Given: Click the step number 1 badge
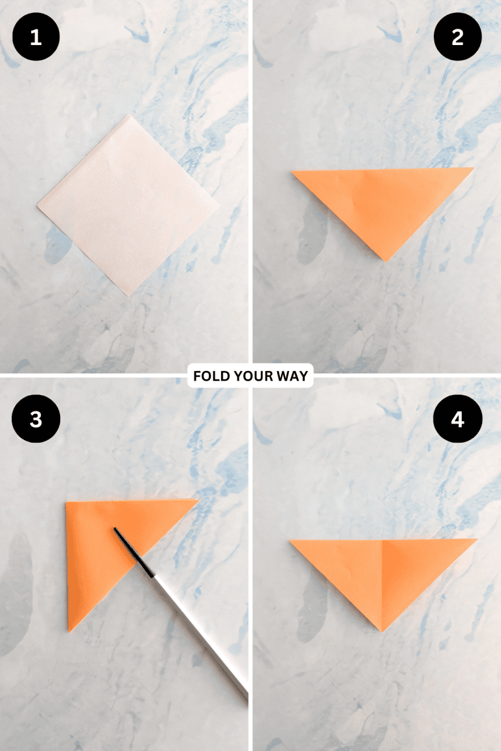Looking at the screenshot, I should [x=35, y=37].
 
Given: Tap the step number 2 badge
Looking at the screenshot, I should [x=457, y=37].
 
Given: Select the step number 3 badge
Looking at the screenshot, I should [x=35, y=419].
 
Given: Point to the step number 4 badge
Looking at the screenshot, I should [x=457, y=419].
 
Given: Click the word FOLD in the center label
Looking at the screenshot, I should [x=210, y=376].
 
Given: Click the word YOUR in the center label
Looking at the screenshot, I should [x=253, y=376].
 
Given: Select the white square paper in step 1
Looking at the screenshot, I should [x=127, y=204].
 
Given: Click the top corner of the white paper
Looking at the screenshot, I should [x=132, y=116].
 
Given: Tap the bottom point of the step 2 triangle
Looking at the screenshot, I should [x=386, y=260].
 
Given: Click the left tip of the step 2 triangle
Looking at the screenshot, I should [x=293, y=172].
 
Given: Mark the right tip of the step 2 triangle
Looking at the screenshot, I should [x=472, y=169].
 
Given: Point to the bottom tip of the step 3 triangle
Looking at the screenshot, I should [x=69, y=630].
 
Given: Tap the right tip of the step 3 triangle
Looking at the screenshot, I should [x=197, y=501].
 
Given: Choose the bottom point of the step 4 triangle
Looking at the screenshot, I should [x=382, y=630].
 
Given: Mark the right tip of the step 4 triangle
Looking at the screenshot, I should [x=476, y=540].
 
